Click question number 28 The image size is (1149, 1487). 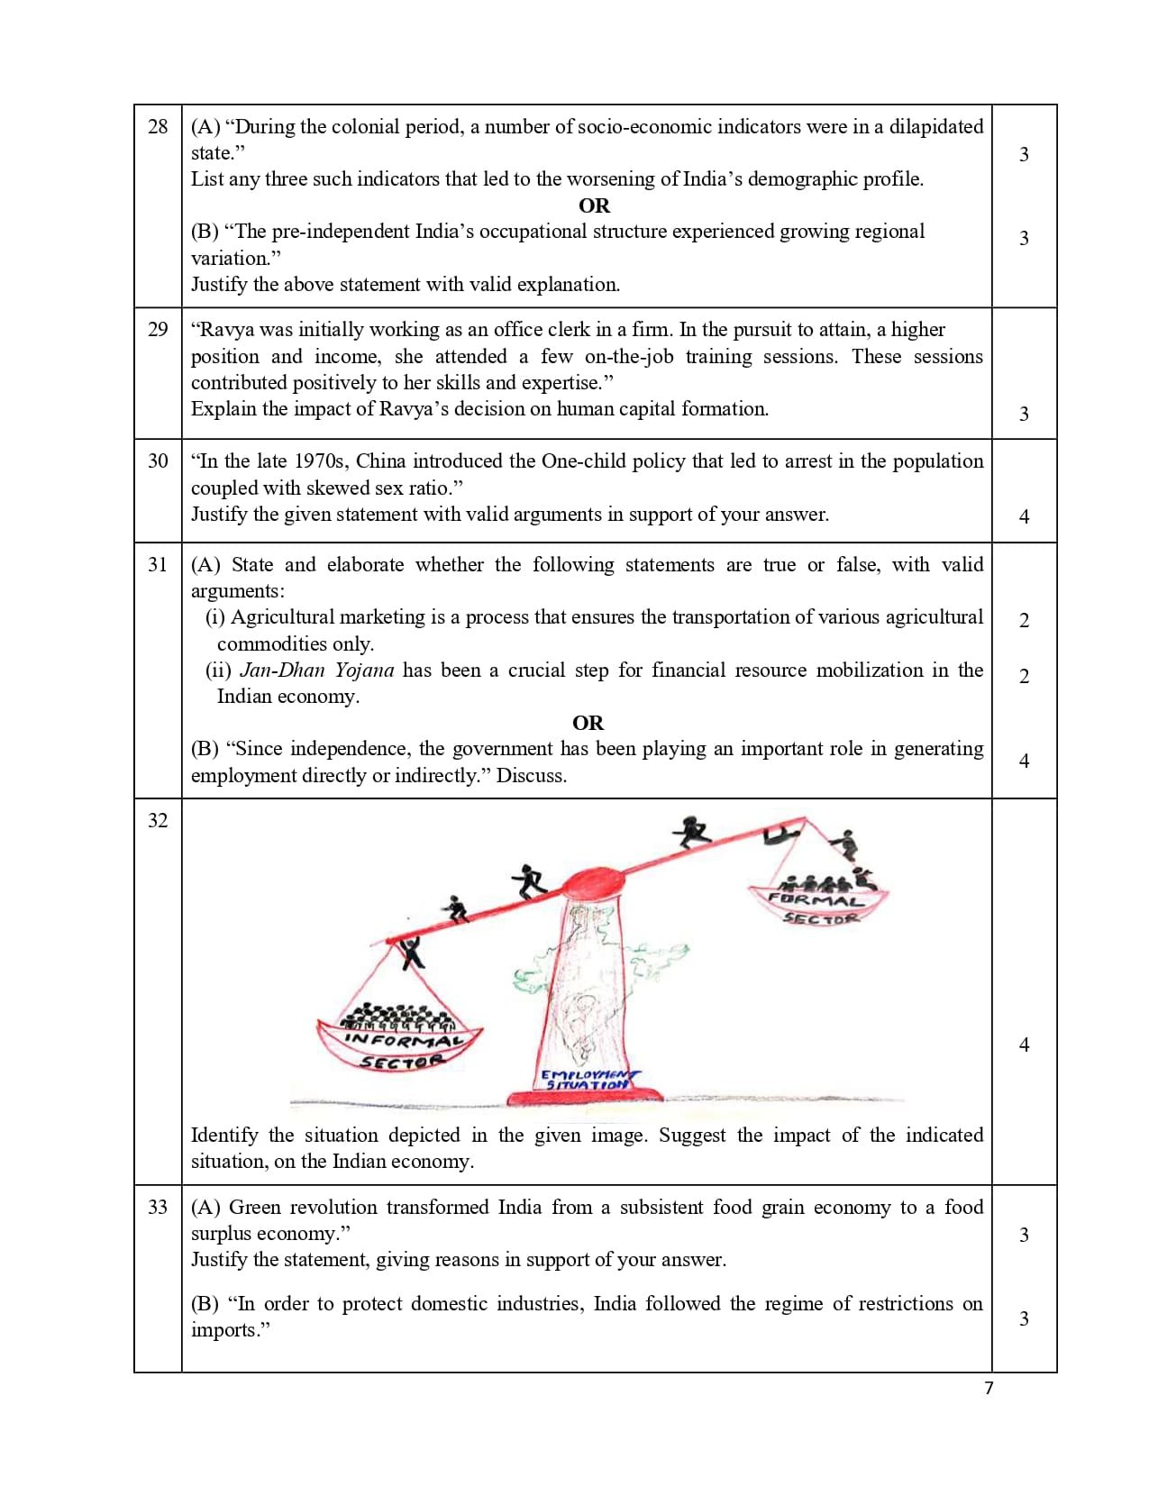[x=158, y=127]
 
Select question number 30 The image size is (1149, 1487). [x=158, y=461]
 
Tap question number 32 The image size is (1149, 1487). [x=158, y=820]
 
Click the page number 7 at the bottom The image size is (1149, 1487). [x=989, y=1388]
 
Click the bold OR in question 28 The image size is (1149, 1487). [x=594, y=205]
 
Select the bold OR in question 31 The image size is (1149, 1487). [x=588, y=723]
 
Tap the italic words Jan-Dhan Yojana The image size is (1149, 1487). [x=317, y=671]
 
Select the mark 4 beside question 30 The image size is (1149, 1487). [x=1024, y=516]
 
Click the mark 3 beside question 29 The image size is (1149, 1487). [x=1024, y=414]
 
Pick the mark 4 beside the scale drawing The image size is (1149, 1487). [x=1024, y=1045]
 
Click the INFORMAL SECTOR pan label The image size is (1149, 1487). [x=401, y=1050]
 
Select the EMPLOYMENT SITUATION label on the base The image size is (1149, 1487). [x=587, y=1080]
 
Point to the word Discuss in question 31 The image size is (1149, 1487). [x=530, y=776]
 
